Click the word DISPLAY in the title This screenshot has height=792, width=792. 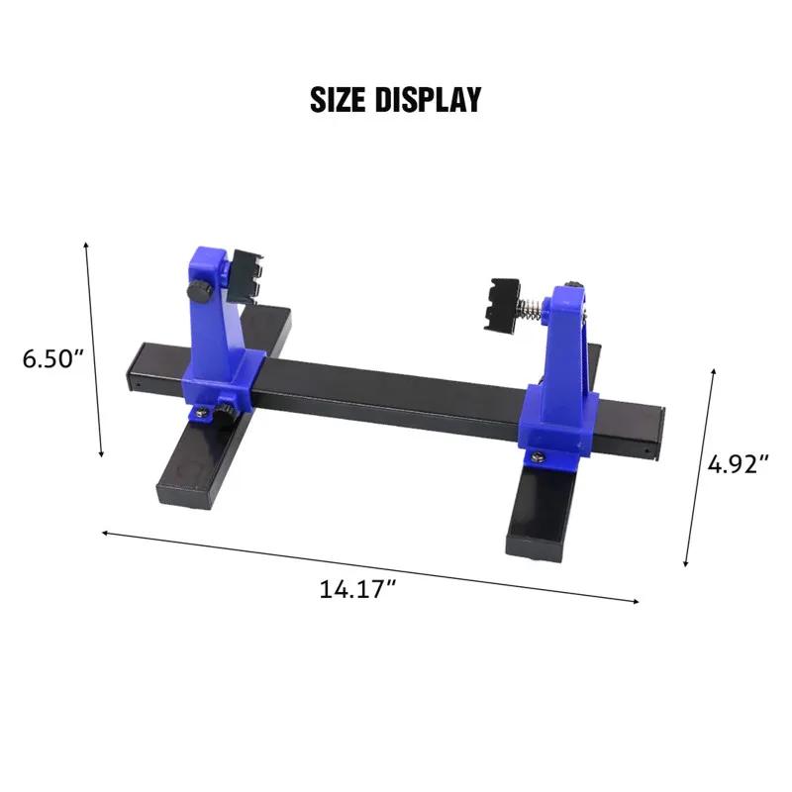coord(432,99)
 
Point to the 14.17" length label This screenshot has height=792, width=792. coord(357,589)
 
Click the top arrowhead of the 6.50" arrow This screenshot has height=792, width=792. coord(87,245)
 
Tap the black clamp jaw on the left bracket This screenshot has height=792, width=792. coord(245,273)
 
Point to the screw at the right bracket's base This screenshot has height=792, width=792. coord(538,455)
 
